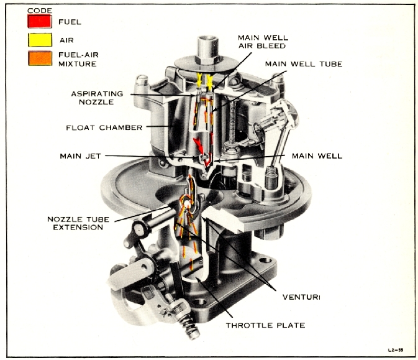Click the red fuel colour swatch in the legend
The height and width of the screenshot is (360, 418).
[x=39, y=22]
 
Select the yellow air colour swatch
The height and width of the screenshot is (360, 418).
[x=39, y=39]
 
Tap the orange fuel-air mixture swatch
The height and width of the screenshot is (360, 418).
[x=39, y=57]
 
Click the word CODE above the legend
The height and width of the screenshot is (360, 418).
[x=39, y=11]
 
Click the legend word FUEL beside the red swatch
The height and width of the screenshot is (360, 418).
[x=69, y=22]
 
